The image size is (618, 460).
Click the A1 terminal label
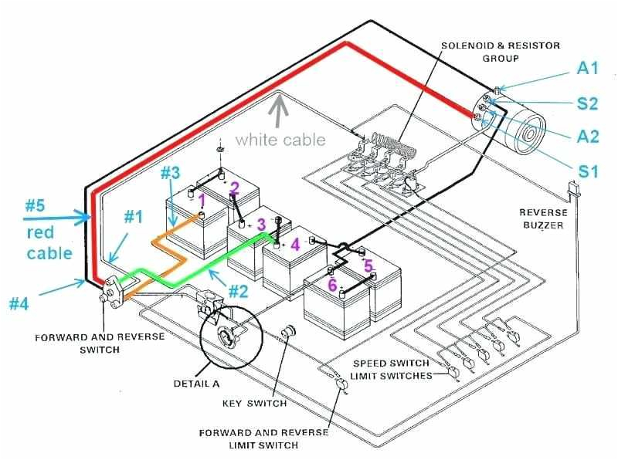(x=588, y=69)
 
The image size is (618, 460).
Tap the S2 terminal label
(x=588, y=103)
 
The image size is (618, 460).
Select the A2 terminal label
(x=588, y=137)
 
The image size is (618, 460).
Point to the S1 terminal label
(x=589, y=170)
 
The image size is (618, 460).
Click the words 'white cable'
(x=280, y=140)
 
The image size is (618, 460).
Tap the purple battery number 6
(x=332, y=285)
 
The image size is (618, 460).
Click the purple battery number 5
(x=368, y=266)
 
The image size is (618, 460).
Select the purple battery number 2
(x=234, y=188)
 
